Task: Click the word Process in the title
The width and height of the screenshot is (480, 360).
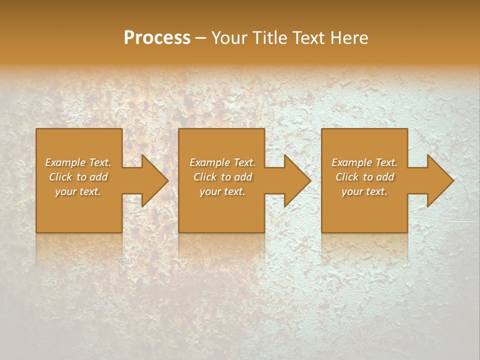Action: [x=157, y=38]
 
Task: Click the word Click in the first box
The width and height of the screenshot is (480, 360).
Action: [x=60, y=177]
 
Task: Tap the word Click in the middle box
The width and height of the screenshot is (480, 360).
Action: [x=205, y=177]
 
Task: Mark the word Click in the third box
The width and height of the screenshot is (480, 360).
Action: [x=347, y=177]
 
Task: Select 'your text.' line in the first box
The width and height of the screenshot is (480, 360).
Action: [x=78, y=191]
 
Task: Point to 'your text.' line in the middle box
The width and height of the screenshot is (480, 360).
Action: [x=222, y=191]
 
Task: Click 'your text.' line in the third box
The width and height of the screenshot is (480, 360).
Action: [x=364, y=191]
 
